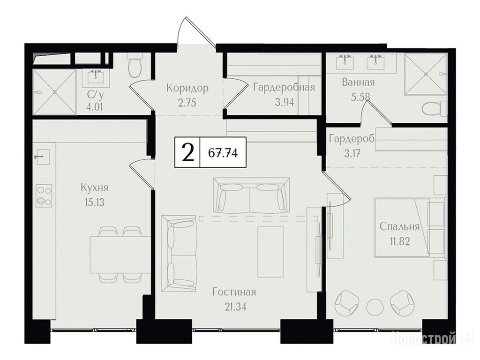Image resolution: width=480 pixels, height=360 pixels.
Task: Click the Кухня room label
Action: click(94, 187)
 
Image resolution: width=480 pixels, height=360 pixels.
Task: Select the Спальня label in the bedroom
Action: click(399, 227)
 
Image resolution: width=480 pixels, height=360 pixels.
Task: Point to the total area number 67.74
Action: click(223, 152)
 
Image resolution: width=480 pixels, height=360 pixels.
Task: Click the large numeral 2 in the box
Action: click(188, 152)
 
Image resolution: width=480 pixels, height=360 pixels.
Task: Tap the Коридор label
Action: click(187, 88)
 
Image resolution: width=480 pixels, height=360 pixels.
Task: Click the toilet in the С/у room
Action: click(135, 64)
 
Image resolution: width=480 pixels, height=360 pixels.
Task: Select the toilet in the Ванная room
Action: click(435, 109)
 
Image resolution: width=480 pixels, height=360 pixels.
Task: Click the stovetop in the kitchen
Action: click(44, 196)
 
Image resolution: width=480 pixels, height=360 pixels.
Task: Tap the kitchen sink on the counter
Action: click(42, 157)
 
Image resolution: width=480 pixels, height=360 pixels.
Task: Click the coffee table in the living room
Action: click(270, 252)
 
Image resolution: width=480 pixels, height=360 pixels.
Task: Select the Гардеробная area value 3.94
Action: click(285, 102)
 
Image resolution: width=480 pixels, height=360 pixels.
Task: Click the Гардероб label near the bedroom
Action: click(352, 139)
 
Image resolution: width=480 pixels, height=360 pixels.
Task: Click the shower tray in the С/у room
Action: click(54, 92)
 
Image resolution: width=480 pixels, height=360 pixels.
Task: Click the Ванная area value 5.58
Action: click(360, 97)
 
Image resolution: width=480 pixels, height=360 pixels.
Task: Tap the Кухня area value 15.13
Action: click(94, 202)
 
